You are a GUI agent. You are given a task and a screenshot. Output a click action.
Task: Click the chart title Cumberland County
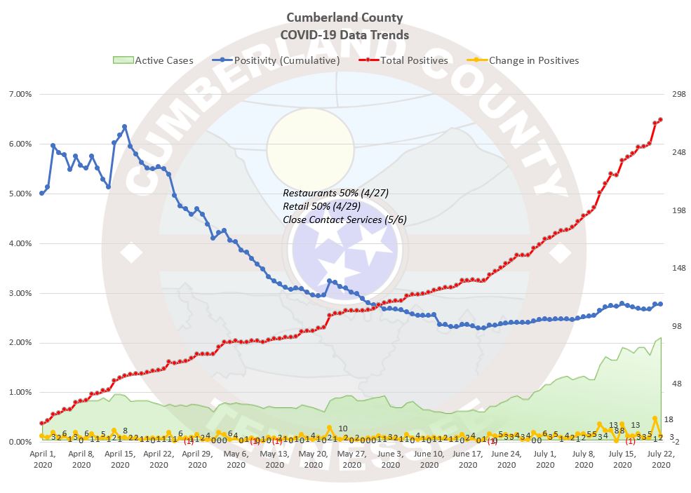[344, 18]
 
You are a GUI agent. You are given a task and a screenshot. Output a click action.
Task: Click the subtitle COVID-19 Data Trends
[344, 34]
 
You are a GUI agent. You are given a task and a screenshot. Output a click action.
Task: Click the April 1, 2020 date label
[42, 459]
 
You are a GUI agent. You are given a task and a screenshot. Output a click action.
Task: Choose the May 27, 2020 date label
[352, 459]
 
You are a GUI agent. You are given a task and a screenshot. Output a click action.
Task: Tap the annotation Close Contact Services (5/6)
[344, 220]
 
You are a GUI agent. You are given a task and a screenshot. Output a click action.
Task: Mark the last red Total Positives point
[661, 119]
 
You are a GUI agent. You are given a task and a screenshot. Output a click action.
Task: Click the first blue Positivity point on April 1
[41, 193]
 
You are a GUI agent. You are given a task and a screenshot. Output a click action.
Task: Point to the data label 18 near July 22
[668, 419]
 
